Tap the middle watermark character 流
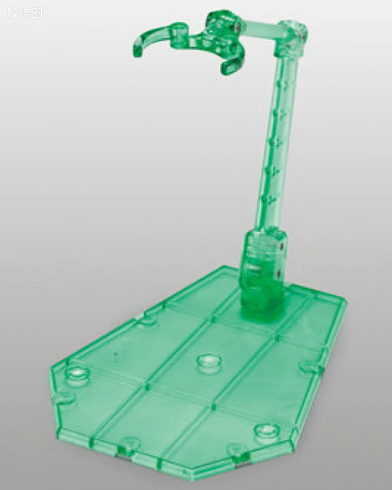(25, 13)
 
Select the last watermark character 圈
(37, 13)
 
